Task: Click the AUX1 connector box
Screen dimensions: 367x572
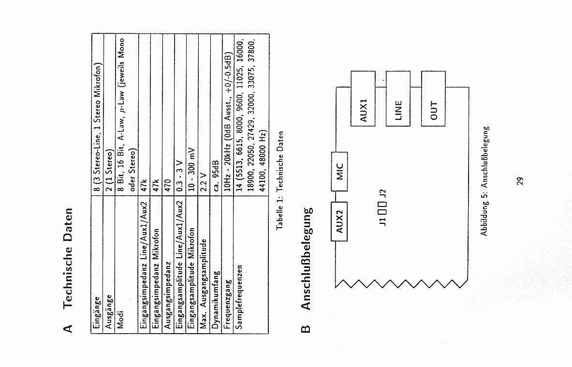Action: tap(363, 98)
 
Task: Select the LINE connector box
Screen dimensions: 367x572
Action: tap(398, 99)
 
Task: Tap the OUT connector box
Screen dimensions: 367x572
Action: tap(433, 99)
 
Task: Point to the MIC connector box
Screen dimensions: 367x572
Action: tap(339, 172)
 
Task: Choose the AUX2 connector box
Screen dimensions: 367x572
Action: tap(339, 220)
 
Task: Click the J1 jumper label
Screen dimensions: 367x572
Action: tap(382, 221)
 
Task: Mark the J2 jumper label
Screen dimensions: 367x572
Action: tap(382, 194)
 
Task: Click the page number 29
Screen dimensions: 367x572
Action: tap(520, 181)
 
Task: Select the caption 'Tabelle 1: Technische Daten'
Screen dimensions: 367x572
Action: tap(279, 180)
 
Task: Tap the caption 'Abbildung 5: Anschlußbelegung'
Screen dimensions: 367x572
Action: tap(485, 181)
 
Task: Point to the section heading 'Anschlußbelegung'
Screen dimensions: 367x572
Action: tap(306, 259)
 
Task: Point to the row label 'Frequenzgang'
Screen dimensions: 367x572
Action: tap(228, 304)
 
